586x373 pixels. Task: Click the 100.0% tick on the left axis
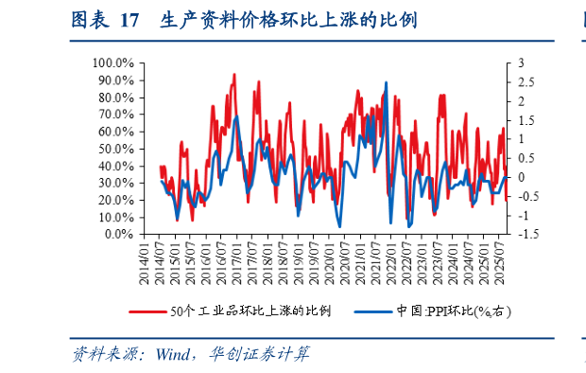pyautogui.click(x=112, y=62)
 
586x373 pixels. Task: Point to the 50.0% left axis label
pyautogui.click(x=114, y=149)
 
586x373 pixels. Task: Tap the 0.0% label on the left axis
pyautogui.click(x=118, y=234)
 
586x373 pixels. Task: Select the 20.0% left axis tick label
pyautogui.click(x=114, y=200)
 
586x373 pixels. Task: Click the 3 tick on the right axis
pyautogui.click(x=522, y=62)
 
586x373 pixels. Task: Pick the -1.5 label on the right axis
pyautogui.click(x=527, y=234)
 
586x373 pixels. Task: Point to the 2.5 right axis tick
pyautogui.click(x=526, y=81)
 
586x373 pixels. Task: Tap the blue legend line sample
pyautogui.click(x=372, y=311)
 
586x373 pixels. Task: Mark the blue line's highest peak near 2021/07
pyautogui.click(x=386, y=82)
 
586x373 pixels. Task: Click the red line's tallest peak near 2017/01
pyautogui.click(x=233, y=74)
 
